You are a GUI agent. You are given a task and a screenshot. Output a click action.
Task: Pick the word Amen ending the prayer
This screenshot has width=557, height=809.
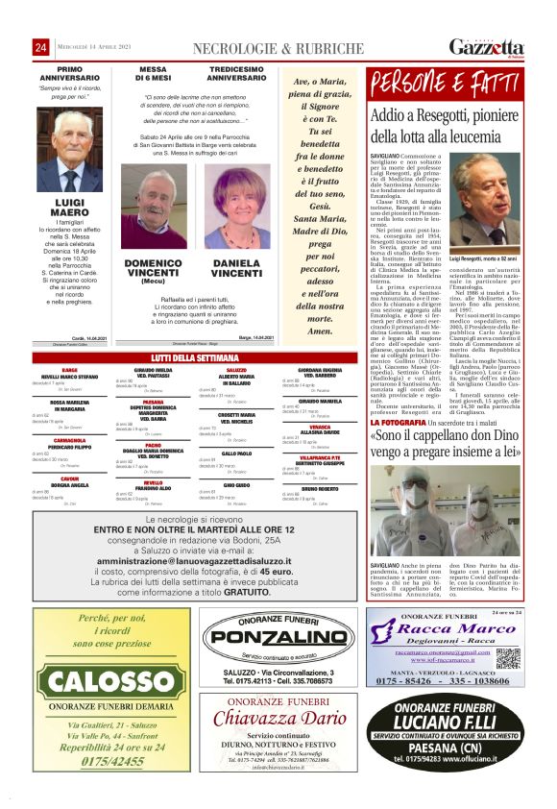tap(318, 330)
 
